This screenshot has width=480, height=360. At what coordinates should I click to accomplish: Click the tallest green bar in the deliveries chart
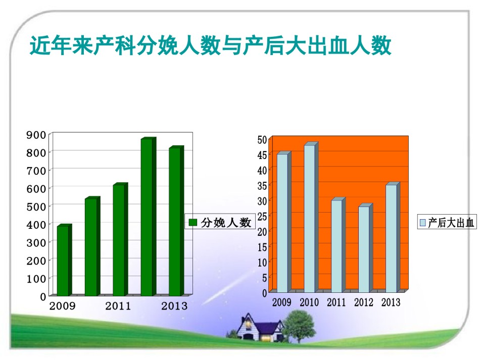(x=149, y=217)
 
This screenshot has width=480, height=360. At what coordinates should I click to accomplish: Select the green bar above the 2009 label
(x=64, y=260)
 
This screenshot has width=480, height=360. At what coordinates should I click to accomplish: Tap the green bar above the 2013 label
(x=176, y=221)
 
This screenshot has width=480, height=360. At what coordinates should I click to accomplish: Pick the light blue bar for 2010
(x=311, y=217)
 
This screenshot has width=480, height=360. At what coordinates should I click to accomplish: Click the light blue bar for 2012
(x=365, y=248)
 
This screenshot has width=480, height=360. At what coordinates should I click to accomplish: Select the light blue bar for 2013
(x=393, y=237)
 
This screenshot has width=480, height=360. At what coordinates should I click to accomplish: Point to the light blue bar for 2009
(x=284, y=222)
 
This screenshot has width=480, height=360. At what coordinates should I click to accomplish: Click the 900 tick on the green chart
(x=36, y=135)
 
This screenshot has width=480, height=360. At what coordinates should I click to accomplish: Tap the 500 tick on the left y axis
(x=36, y=207)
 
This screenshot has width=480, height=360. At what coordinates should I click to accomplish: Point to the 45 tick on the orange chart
(x=262, y=155)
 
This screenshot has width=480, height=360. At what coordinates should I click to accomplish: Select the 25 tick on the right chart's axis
(x=262, y=217)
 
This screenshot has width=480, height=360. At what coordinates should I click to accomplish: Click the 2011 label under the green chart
(x=118, y=306)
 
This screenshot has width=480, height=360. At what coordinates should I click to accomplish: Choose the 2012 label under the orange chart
(x=364, y=302)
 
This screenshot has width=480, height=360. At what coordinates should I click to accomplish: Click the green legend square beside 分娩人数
(x=193, y=222)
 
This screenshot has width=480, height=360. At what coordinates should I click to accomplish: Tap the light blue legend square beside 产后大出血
(x=423, y=223)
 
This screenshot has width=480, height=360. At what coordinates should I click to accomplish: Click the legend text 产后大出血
(x=451, y=223)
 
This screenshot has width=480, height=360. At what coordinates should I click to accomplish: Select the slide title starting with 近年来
(x=210, y=45)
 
